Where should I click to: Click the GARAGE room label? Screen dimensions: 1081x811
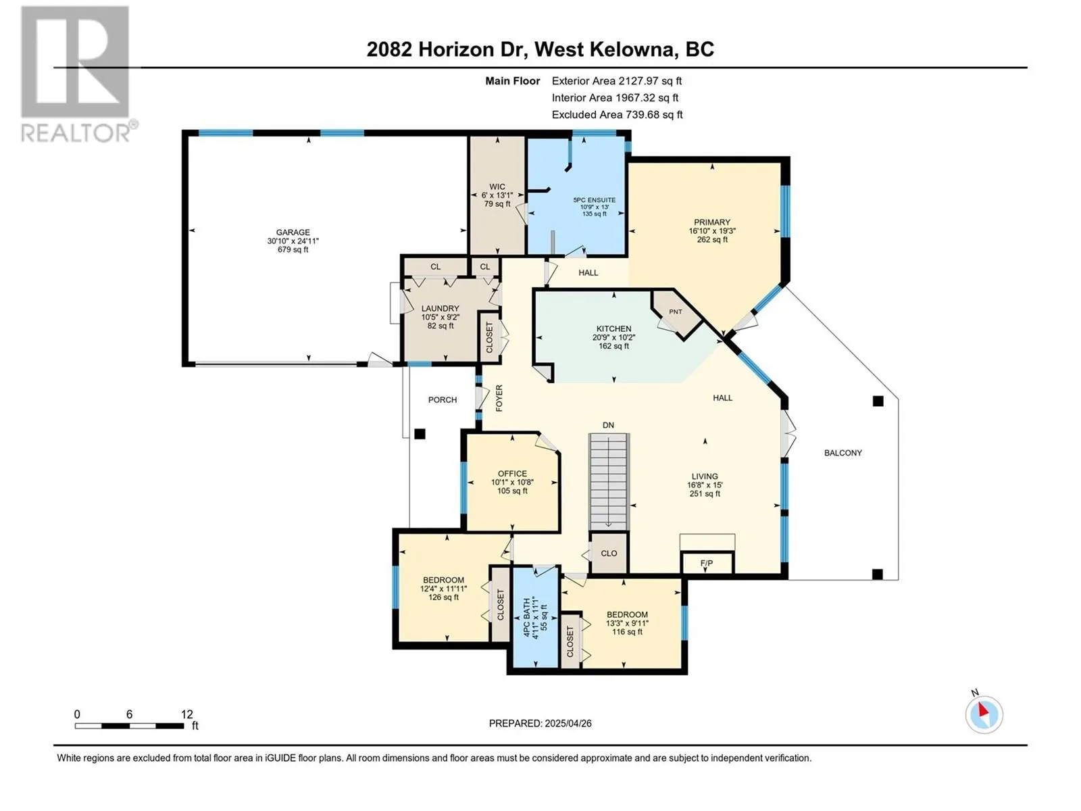click(293, 232)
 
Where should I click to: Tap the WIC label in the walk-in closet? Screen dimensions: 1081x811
click(497, 187)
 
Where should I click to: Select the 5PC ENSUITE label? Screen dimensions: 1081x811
click(595, 200)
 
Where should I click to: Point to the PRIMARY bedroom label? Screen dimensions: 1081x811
click(712, 222)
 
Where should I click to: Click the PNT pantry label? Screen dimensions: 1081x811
click(676, 312)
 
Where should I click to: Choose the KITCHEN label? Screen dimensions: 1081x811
click(613, 328)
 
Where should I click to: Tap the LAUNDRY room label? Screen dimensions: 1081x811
click(441, 308)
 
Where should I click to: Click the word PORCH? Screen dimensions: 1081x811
click(443, 400)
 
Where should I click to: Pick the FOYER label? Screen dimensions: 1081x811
click(499, 398)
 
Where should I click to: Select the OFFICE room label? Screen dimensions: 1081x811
click(512, 474)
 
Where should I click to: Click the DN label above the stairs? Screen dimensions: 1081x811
click(608, 425)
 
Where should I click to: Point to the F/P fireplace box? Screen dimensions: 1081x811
click(707, 562)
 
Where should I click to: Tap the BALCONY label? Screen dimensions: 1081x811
click(843, 453)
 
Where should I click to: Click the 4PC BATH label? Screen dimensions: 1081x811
click(526, 617)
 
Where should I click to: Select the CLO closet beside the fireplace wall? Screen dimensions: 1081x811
click(609, 554)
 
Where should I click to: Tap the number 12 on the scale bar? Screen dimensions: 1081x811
click(186, 714)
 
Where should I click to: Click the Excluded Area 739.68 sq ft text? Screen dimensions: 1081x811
click(617, 115)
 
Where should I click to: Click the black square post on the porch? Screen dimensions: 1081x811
click(420, 434)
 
